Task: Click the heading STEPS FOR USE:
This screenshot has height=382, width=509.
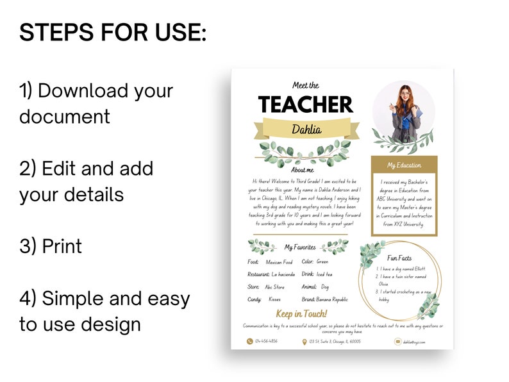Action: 113,32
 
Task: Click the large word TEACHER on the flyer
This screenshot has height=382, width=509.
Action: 305,104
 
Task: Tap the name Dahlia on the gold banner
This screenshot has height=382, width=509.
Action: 306,129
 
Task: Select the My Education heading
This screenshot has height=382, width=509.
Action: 404,165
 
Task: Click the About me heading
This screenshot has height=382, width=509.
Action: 303,170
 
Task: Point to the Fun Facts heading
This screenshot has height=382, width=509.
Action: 400,258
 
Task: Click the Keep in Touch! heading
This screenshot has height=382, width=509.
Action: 301,313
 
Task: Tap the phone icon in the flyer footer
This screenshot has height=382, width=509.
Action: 250,342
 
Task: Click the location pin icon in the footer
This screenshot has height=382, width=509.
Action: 305,342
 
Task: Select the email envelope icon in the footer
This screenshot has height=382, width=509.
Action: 397,342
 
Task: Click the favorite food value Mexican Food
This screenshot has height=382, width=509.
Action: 279,262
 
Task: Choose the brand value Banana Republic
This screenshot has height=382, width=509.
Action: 332,299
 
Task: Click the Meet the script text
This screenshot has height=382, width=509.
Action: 305,85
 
